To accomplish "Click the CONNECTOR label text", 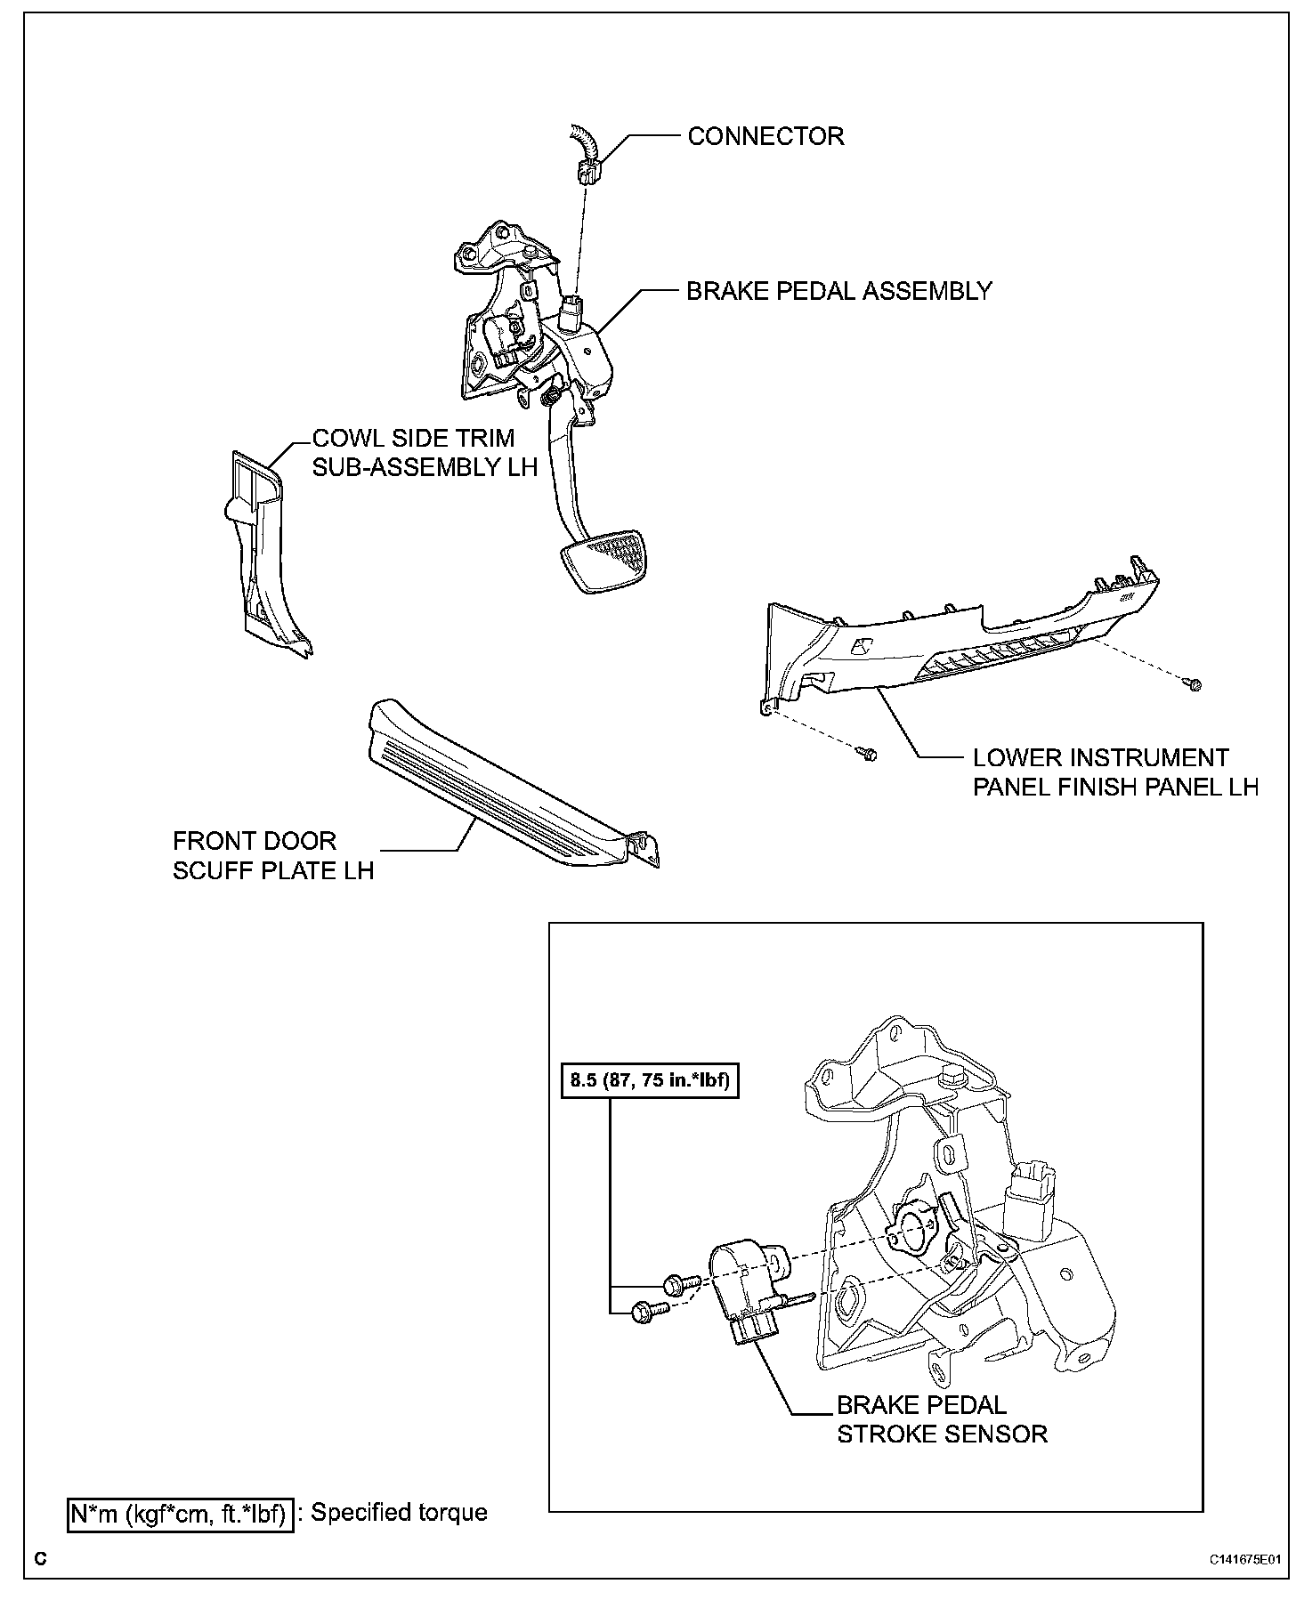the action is [x=765, y=137].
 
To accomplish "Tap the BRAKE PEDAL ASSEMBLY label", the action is [x=838, y=292].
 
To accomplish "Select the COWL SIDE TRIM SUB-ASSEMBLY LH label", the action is [x=425, y=452].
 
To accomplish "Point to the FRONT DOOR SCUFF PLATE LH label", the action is [x=273, y=855].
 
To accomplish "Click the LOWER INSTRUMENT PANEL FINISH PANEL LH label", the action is [x=1114, y=772].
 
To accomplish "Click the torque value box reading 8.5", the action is [x=650, y=1081].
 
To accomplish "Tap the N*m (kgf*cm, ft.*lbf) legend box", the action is [x=180, y=1513].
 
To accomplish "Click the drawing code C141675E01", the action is [x=1243, y=1560].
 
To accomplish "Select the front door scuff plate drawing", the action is [x=507, y=784].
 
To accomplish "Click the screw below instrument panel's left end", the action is [x=868, y=754].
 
